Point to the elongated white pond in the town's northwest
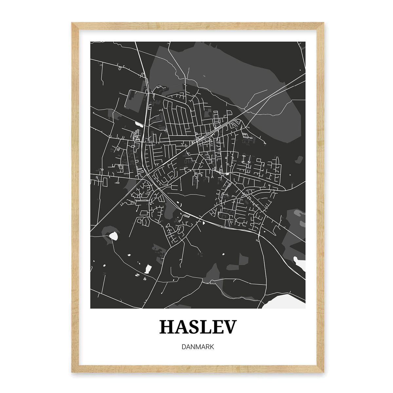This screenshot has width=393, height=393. tap(139, 124)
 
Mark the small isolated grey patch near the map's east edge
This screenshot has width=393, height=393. tap(298, 160)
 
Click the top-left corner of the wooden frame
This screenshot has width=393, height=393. tap(72, 23)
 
